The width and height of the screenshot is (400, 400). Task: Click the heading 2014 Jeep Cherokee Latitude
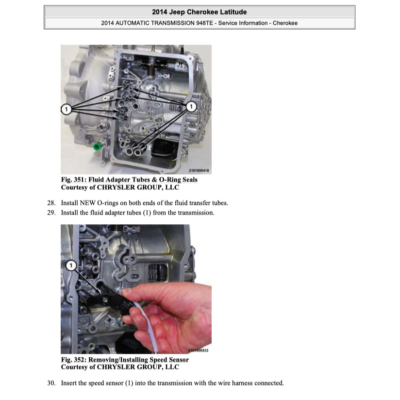click(199, 12)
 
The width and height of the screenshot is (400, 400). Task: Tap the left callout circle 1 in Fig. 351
click(66, 109)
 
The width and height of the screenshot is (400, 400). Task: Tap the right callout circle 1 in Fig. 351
click(191, 106)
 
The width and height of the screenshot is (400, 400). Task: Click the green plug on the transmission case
click(96, 146)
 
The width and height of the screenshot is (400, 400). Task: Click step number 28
click(51, 203)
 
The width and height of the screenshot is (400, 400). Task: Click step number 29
click(51, 213)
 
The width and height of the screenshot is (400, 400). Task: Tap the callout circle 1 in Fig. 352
click(71, 265)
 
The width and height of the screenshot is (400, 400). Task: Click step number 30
click(51, 383)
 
